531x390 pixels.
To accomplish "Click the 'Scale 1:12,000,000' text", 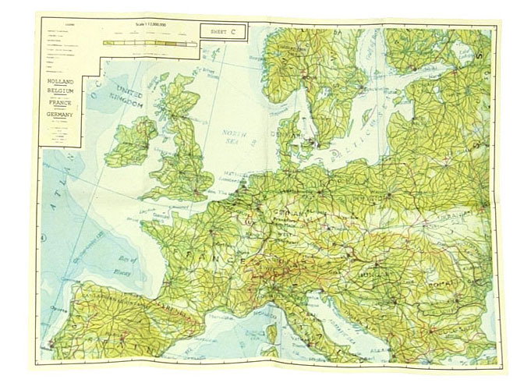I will coord(147,27).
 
